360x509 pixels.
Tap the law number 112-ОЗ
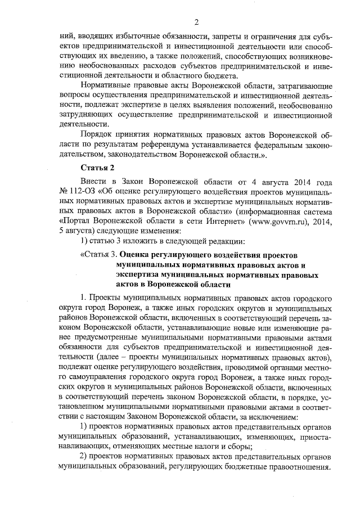coord(79,192)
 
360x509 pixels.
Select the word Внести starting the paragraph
coord(95,182)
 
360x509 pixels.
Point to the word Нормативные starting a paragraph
coord(110,86)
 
